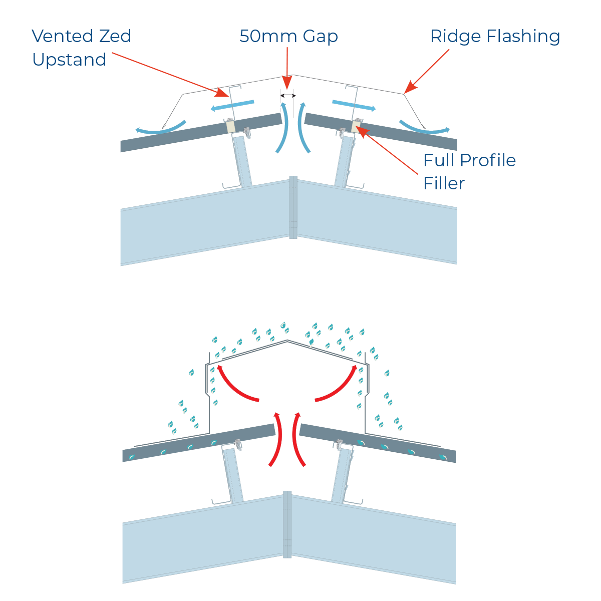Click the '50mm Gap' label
tap(288, 37)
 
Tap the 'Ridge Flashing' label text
tap(495, 37)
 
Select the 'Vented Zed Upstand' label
tap(81, 48)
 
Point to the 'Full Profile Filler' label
tap(469, 171)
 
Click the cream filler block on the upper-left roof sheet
tap(230, 126)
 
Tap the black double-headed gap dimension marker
tap(288, 95)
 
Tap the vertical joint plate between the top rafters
tap(293, 207)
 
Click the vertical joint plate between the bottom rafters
tap(287, 524)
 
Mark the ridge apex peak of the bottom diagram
tap(287, 341)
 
